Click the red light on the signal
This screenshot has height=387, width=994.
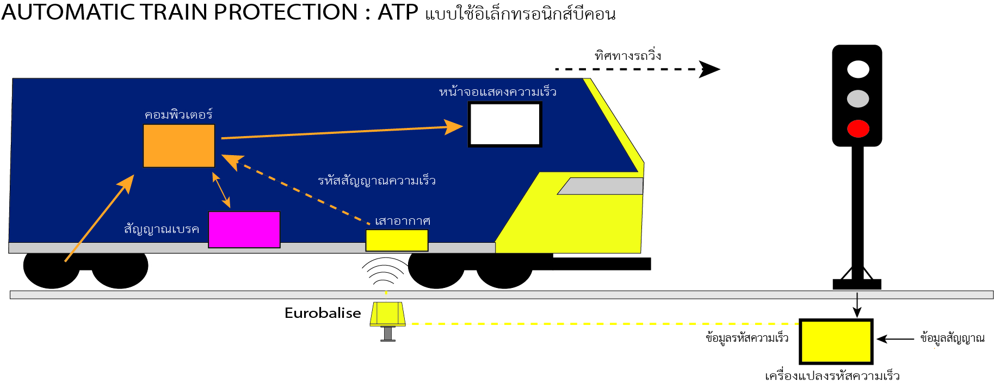[858, 128]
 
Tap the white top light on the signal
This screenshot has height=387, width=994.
[858, 70]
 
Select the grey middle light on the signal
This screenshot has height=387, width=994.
[858, 99]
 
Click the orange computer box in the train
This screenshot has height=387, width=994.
[178, 146]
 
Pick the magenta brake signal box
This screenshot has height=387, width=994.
[244, 229]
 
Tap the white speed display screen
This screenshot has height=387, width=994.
[505, 125]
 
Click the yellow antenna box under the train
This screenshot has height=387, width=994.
[397, 240]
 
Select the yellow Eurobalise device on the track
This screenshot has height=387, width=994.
[387, 315]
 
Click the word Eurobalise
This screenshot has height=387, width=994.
[323, 313]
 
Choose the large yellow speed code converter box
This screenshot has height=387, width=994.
[836, 341]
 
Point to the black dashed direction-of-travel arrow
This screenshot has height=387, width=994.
[637, 69]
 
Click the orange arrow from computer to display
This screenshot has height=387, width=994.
[343, 132]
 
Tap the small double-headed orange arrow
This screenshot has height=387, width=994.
[221, 189]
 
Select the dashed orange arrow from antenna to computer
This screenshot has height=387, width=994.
[299, 192]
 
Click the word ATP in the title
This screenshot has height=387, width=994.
[398, 12]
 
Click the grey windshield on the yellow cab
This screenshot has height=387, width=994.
[600, 186]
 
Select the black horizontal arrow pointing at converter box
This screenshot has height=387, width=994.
[896, 339]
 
